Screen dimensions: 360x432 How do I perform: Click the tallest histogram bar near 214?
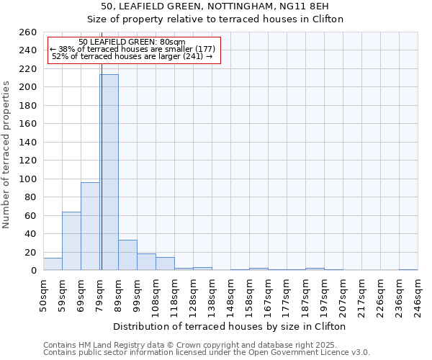[109, 173]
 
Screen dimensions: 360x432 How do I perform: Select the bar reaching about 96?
[90, 227]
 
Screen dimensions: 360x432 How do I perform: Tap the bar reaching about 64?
[71, 241]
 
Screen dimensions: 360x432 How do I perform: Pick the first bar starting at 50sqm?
[53, 264]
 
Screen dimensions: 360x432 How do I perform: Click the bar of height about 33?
[127, 255]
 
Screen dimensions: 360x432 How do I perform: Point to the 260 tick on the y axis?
[28, 32]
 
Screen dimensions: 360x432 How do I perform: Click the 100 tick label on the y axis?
[28, 179]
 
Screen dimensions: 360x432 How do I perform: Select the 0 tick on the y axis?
[33, 271]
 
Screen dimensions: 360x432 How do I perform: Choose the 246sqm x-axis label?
[418, 296]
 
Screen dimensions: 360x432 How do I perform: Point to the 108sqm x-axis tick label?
[156, 296]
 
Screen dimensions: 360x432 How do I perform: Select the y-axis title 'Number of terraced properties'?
[7, 154]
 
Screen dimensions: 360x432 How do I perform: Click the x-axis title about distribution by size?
[230, 326]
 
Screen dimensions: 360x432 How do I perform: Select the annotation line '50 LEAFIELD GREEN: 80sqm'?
[132, 42]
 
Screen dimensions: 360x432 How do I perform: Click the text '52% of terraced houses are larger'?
[132, 56]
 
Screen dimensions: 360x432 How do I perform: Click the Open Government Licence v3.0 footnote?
[207, 352]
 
